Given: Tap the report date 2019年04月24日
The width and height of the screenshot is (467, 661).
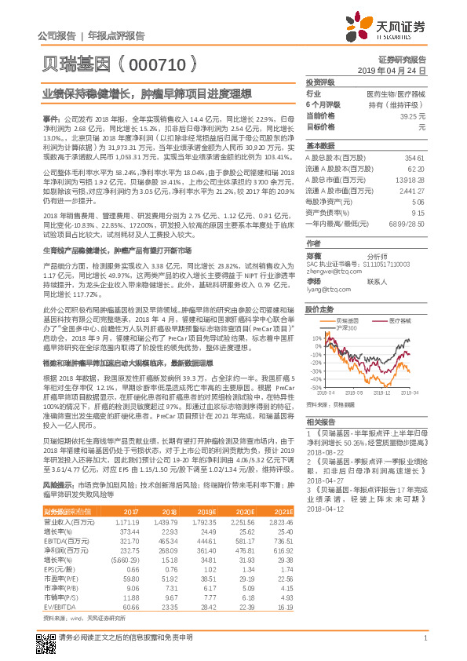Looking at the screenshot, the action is point(400,70).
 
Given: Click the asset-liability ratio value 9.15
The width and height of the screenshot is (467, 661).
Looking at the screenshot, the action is point(418,212).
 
